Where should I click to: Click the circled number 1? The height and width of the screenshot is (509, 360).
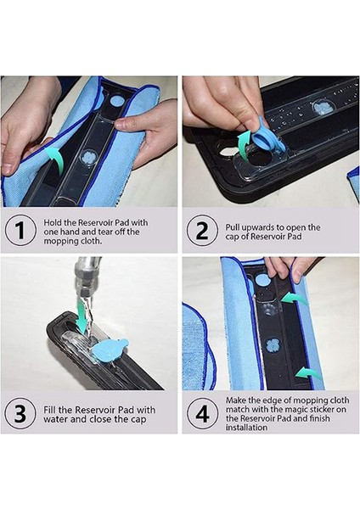click(x=20, y=231)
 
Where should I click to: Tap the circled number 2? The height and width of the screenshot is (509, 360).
click(x=202, y=231)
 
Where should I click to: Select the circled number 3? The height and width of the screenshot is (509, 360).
click(x=20, y=414)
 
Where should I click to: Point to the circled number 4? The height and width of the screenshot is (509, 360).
click(x=202, y=414)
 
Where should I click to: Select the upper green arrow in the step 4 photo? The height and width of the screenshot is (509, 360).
click(x=294, y=299)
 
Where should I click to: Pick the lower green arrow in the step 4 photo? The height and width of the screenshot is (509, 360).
click(x=309, y=373)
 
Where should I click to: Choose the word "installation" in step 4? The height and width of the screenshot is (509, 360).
click(x=246, y=428)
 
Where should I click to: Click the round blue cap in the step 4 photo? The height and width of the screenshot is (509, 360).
click(x=262, y=280)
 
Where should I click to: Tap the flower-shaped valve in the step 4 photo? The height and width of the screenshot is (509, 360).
click(x=273, y=346)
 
